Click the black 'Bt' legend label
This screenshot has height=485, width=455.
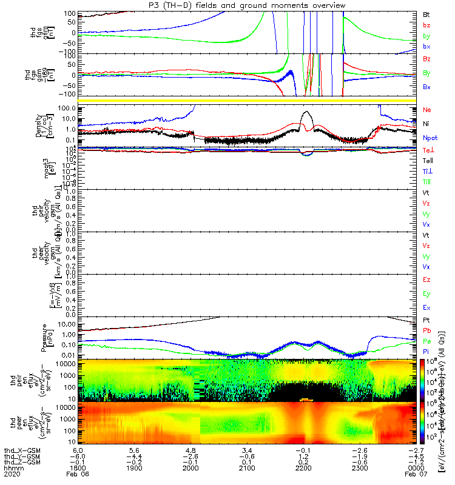point(426,13)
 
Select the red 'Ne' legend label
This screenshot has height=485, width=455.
point(426,110)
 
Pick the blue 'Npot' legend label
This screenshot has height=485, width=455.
point(430,138)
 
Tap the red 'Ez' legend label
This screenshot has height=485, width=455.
point(426,280)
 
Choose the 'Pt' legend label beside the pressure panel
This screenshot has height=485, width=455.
point(426,319)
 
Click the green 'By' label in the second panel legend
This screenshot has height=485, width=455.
point(427,73)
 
